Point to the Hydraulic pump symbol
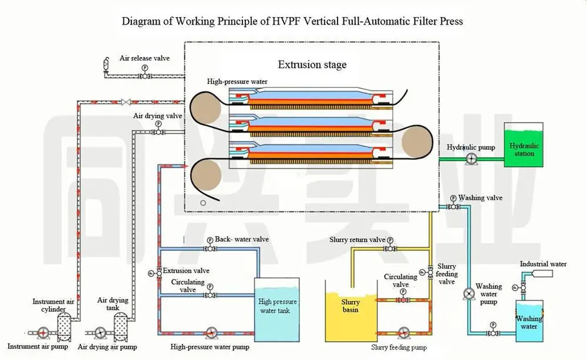click(x=470, y=159)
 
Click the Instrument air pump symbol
click(x=42, y=333)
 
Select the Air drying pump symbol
click(x=100, y=333)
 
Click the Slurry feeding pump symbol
click(x=403, y=333)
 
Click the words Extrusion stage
click(x=312, y=64)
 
